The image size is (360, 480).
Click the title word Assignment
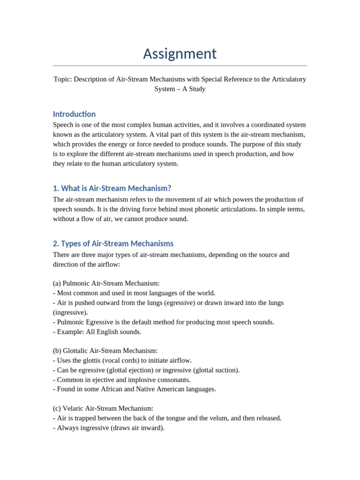pyautogui.click(x=180, y=54)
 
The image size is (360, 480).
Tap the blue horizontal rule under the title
pyautogui.click(x=180, y=66)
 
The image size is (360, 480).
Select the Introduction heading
pyautogui.click(x=74, y=114)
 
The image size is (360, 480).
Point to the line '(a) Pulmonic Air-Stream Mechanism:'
pyautogui.click(x=106, y=283)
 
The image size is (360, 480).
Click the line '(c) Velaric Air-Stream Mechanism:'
pyautogui.click(x=103, y=408)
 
